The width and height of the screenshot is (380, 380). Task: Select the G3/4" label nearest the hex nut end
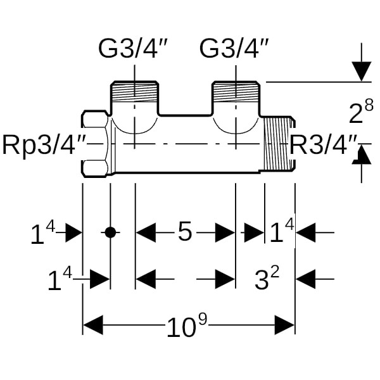(134, 48)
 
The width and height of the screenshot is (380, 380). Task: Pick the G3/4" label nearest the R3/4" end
(235, 48)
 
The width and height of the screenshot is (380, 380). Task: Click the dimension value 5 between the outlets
(184, 232)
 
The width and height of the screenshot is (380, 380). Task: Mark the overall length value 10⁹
(187, 327)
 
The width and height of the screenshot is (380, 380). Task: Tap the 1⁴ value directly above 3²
(282, 234)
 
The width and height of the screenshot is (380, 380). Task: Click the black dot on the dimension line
(110, 232)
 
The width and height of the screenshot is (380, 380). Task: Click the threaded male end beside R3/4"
(279, 144)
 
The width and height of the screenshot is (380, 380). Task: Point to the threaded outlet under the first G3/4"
(135, 95)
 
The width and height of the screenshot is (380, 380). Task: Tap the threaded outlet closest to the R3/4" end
(236, 95)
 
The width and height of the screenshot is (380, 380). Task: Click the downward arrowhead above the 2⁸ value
(362, 72)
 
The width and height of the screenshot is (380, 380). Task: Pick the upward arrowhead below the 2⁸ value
(362, 154)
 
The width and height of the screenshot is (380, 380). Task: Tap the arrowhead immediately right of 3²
(306, 279)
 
